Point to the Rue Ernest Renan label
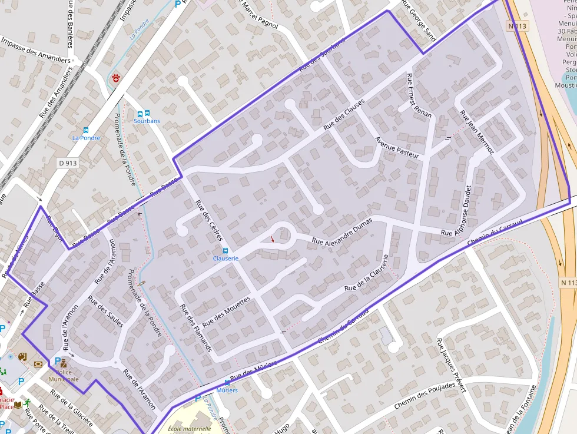pos(419,95)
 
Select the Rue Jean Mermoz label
pos(476,132)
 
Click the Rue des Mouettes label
pos(226,312)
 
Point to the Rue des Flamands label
pos(195,328)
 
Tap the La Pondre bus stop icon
pos(86,130)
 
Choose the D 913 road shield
pos(68,163)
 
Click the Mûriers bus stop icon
pos(227,383)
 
